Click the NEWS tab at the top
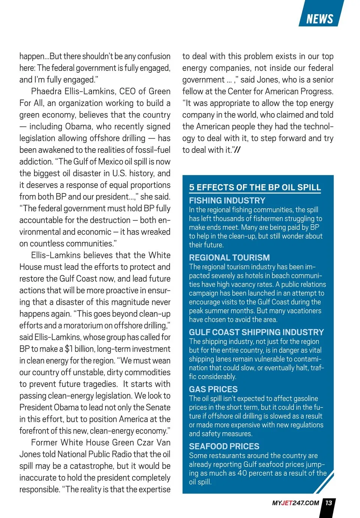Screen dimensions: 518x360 [x=320, y=19]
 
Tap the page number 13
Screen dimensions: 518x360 [x=329, y=503]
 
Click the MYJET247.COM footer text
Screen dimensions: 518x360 [x=295, y=503]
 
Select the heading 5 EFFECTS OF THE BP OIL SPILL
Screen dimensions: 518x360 [x=255, y=187]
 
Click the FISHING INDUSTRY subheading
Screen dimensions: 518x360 [x=227, y=201]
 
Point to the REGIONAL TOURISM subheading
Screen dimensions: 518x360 [x=229, y=258]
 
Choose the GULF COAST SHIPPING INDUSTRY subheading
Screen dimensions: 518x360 [x=256, y=332]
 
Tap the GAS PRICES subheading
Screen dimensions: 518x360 [x=213, y=389]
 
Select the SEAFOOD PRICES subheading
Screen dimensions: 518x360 [x=224, y=446]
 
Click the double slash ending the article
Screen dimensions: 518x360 [x=237, y=150]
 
